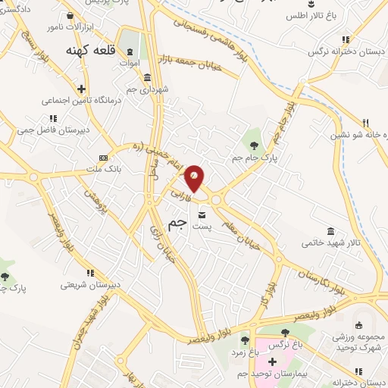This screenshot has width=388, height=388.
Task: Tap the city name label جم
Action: [x=177, y=223]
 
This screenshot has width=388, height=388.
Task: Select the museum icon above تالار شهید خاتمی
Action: [x=331, y=230]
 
